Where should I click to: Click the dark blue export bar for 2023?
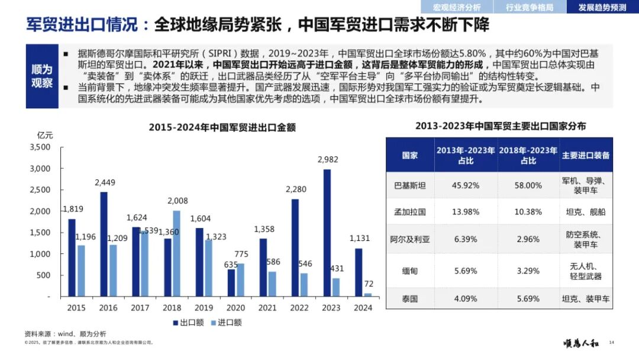[x=327, y=233]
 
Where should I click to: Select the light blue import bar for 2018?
[x=176, y=253]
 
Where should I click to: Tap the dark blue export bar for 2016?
[x=104, y=244]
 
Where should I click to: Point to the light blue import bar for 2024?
[x=367, y=295]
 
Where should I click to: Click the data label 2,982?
[x=328, y=159]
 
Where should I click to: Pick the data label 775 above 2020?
[x=241, y=254]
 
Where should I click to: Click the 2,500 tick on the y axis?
[x=40, y=189]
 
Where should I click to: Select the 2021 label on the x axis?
[x=267, y=308]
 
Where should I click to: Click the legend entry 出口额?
[x=188, y=323]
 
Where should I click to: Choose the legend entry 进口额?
[x=226, y=323]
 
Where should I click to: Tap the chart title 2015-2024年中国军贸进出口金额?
[x=222, y=128]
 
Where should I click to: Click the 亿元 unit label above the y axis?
[x=45, y=136]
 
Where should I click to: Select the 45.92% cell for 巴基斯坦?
[x=466, y=185]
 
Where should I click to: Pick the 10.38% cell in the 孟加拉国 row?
[x=528, y=212]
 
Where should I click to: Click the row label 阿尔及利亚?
[x=409, y=239]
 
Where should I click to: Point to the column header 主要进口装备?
[x=586, y=155]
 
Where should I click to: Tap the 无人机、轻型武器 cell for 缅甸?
[x=586, y=271]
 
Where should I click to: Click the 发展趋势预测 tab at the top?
[x=602, y=7]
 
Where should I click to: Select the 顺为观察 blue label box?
[x=42, y=76]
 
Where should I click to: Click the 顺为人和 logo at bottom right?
[x=581, y=343]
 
